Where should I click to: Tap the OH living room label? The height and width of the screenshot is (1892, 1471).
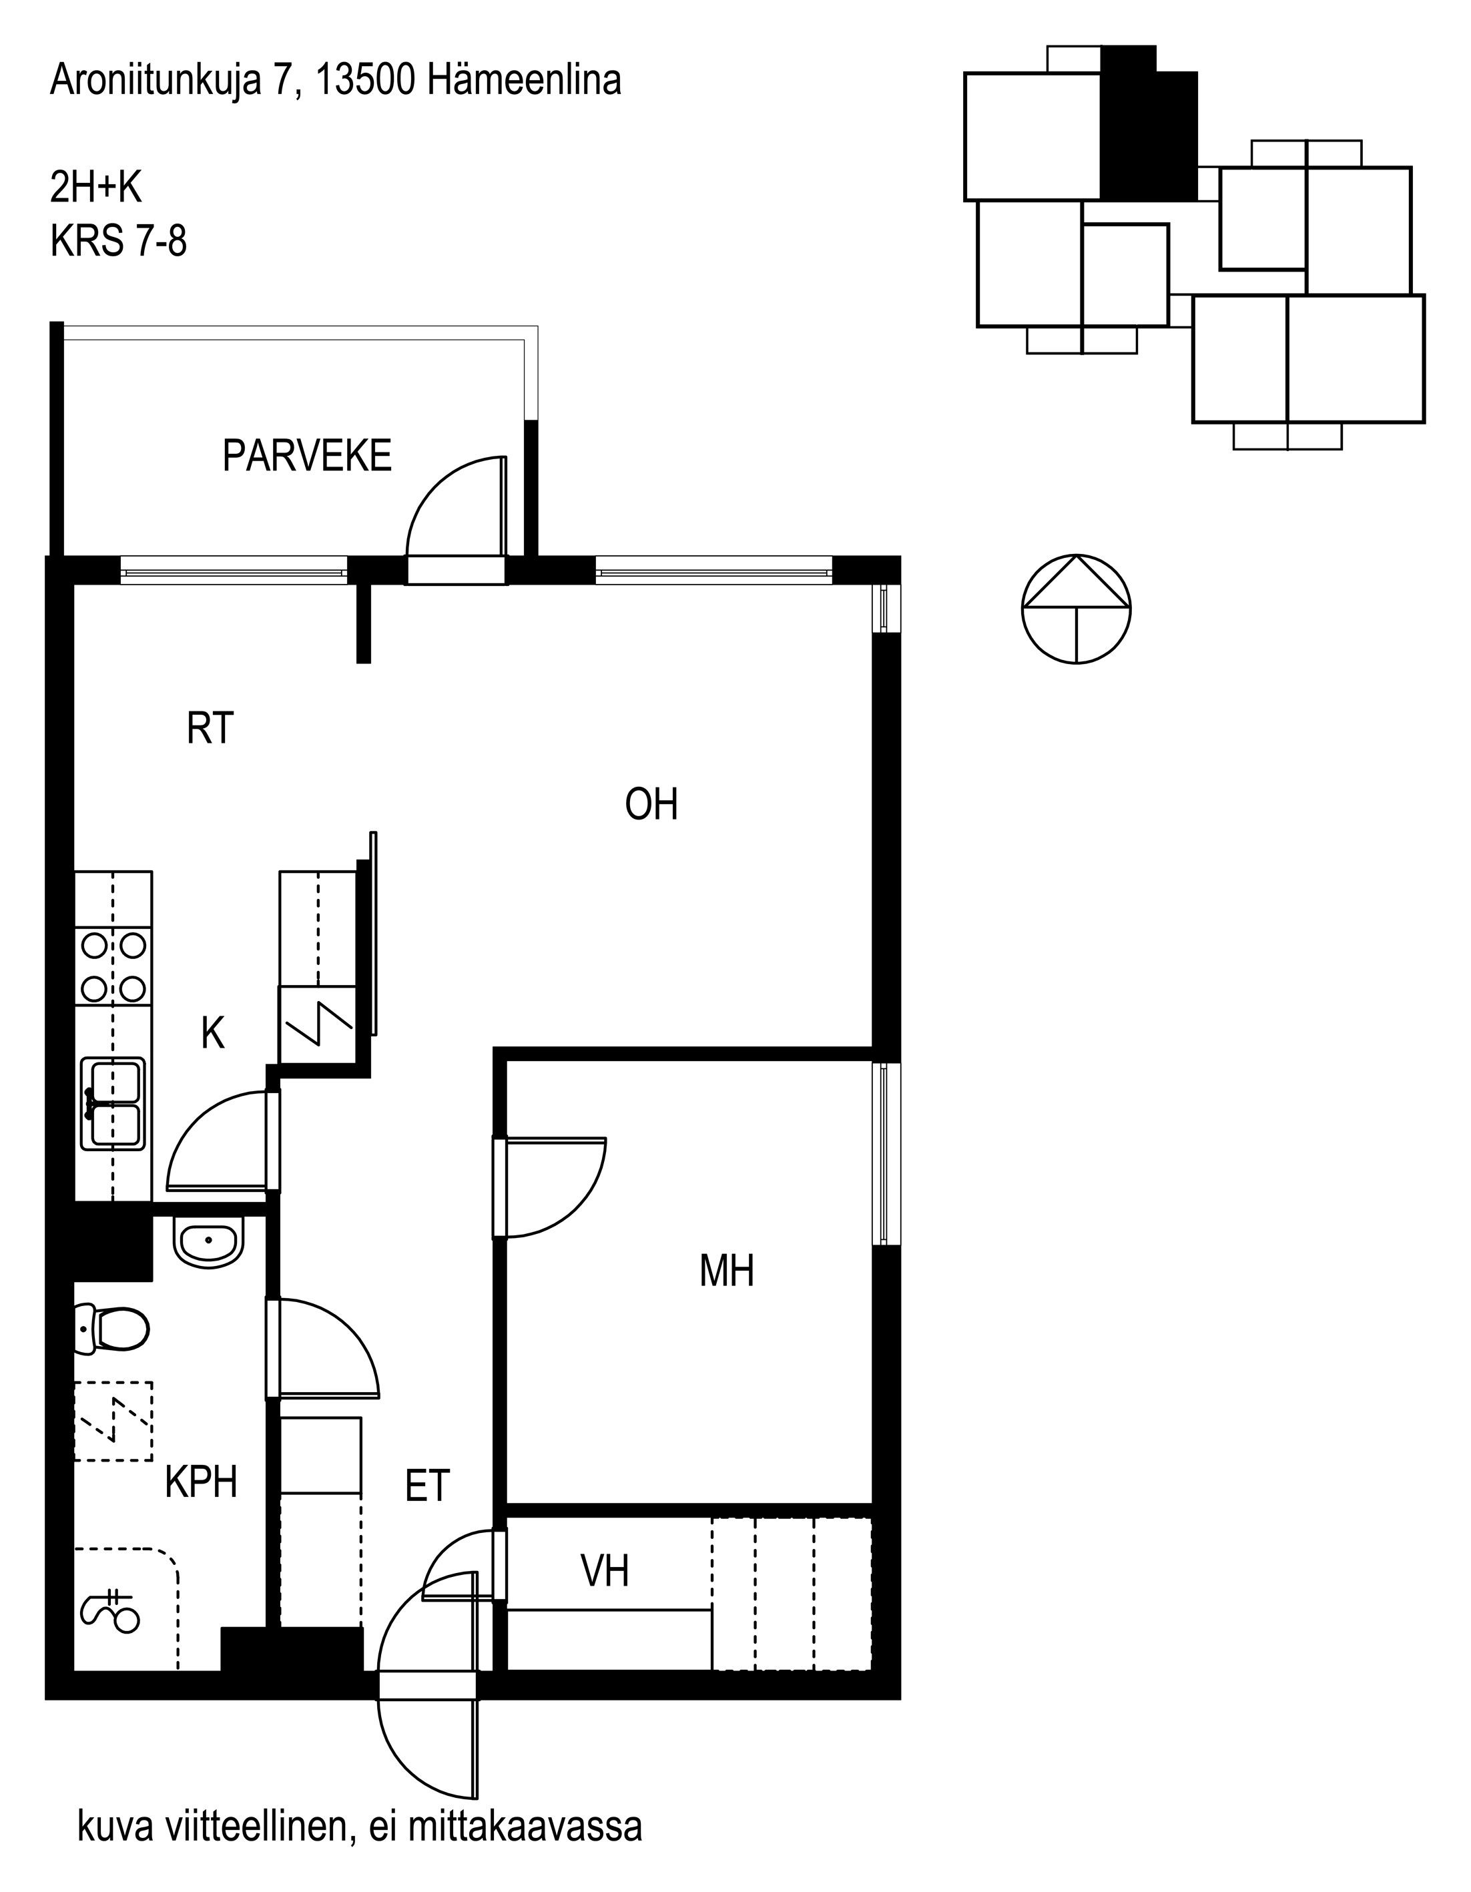click(x=651, y=804)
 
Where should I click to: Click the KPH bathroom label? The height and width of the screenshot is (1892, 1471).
click(x=201, y=1482)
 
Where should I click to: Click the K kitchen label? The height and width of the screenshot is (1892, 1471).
click(x=213, y=1032)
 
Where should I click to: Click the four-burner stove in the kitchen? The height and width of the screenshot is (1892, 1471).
click(x=113, y=967)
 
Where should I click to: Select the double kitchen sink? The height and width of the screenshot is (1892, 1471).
click(x=113, y=1104)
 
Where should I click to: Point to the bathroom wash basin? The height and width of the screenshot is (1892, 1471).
click(x=209, y=1241)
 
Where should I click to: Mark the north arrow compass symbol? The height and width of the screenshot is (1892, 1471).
click(x=1076, y=609)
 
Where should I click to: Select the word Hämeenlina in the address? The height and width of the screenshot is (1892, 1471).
click(x=523, y=81)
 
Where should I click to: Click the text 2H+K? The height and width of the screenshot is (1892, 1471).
click(x=95, y=187)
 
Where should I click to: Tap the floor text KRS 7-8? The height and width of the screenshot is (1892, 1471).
click(x=119, y=241)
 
